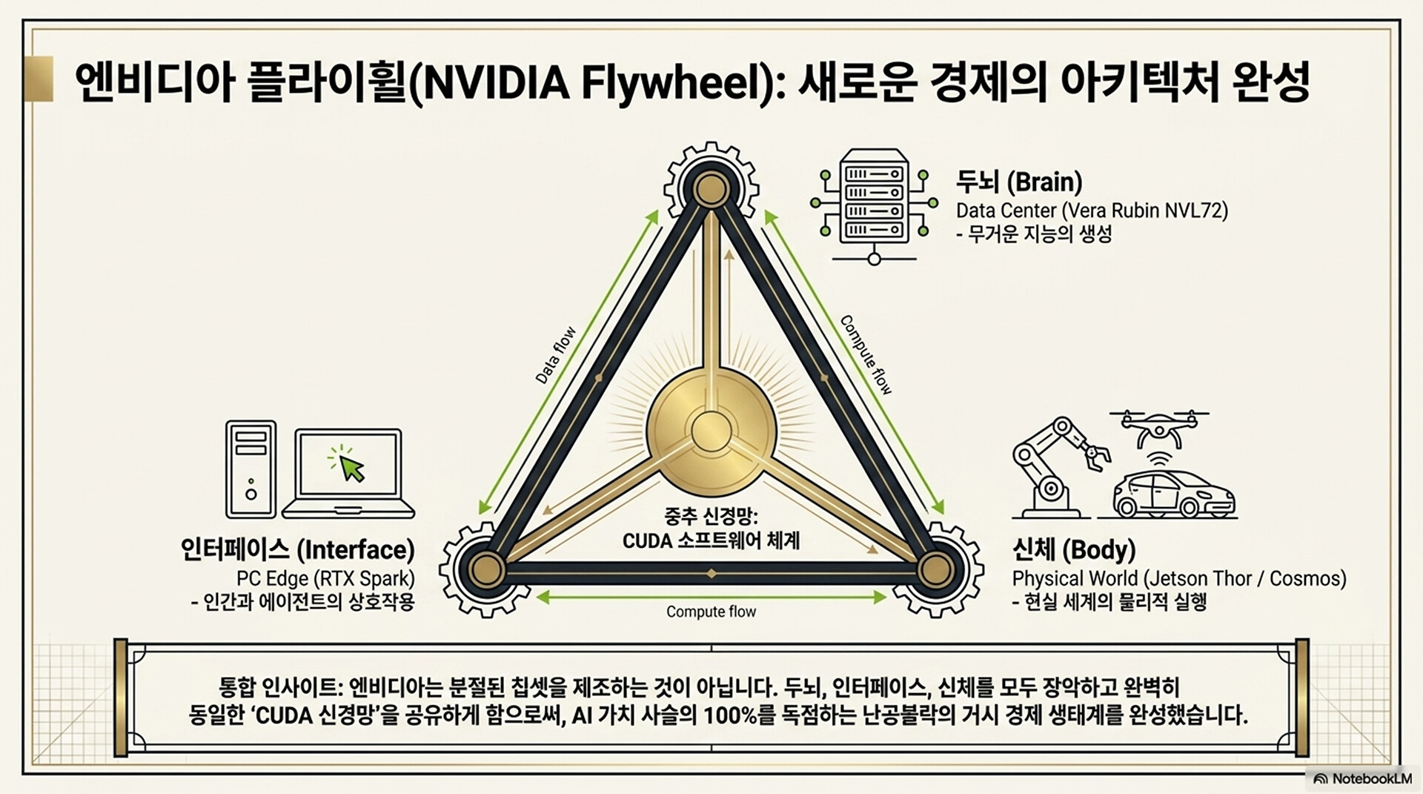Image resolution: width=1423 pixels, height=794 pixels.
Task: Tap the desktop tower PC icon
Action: click(251, 469)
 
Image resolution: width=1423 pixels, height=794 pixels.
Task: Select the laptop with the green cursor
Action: click(348, 473)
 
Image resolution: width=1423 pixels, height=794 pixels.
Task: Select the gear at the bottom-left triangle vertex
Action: click(485, 569)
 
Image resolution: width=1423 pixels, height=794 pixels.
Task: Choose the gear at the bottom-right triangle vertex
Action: click(935, 569)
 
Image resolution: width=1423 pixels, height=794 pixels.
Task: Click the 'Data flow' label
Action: click(555, 355)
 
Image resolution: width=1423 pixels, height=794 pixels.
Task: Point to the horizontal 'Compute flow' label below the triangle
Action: click(711, 612)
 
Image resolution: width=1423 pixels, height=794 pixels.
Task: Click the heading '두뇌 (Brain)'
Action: click(1019, 182)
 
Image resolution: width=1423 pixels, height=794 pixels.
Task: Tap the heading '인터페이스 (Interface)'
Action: click(298, 550)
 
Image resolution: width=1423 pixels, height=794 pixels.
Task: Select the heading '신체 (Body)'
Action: click(1074, 550)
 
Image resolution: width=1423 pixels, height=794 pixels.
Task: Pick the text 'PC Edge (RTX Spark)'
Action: click(325, 578)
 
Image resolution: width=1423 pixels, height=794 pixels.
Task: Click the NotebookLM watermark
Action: click(1363, 778)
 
